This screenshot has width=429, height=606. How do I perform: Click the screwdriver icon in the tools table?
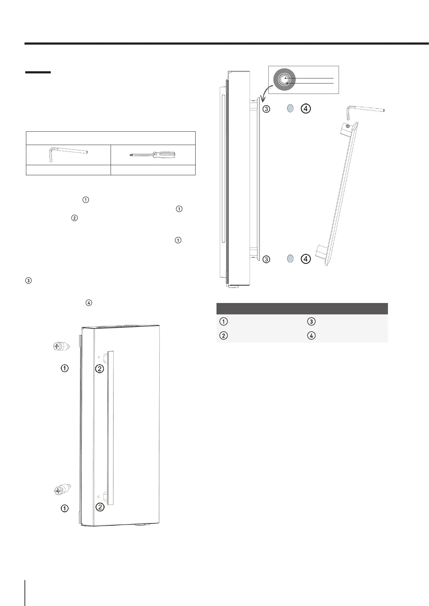[x=152, y=155]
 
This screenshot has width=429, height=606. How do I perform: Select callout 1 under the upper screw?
[x=64, y=368]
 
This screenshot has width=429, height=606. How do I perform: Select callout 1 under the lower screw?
[x=64, y=508]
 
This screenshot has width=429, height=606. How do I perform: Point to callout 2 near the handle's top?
[x=99, y=368]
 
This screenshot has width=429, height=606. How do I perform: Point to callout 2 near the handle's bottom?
[x=100, y=507]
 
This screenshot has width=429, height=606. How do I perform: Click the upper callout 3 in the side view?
[x=266, y=109]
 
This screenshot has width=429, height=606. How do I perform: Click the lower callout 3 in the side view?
[x=266, y=259]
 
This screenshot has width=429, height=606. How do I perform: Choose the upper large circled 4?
[x=305, y=108]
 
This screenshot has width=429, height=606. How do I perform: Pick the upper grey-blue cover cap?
[x=290, y=108]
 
